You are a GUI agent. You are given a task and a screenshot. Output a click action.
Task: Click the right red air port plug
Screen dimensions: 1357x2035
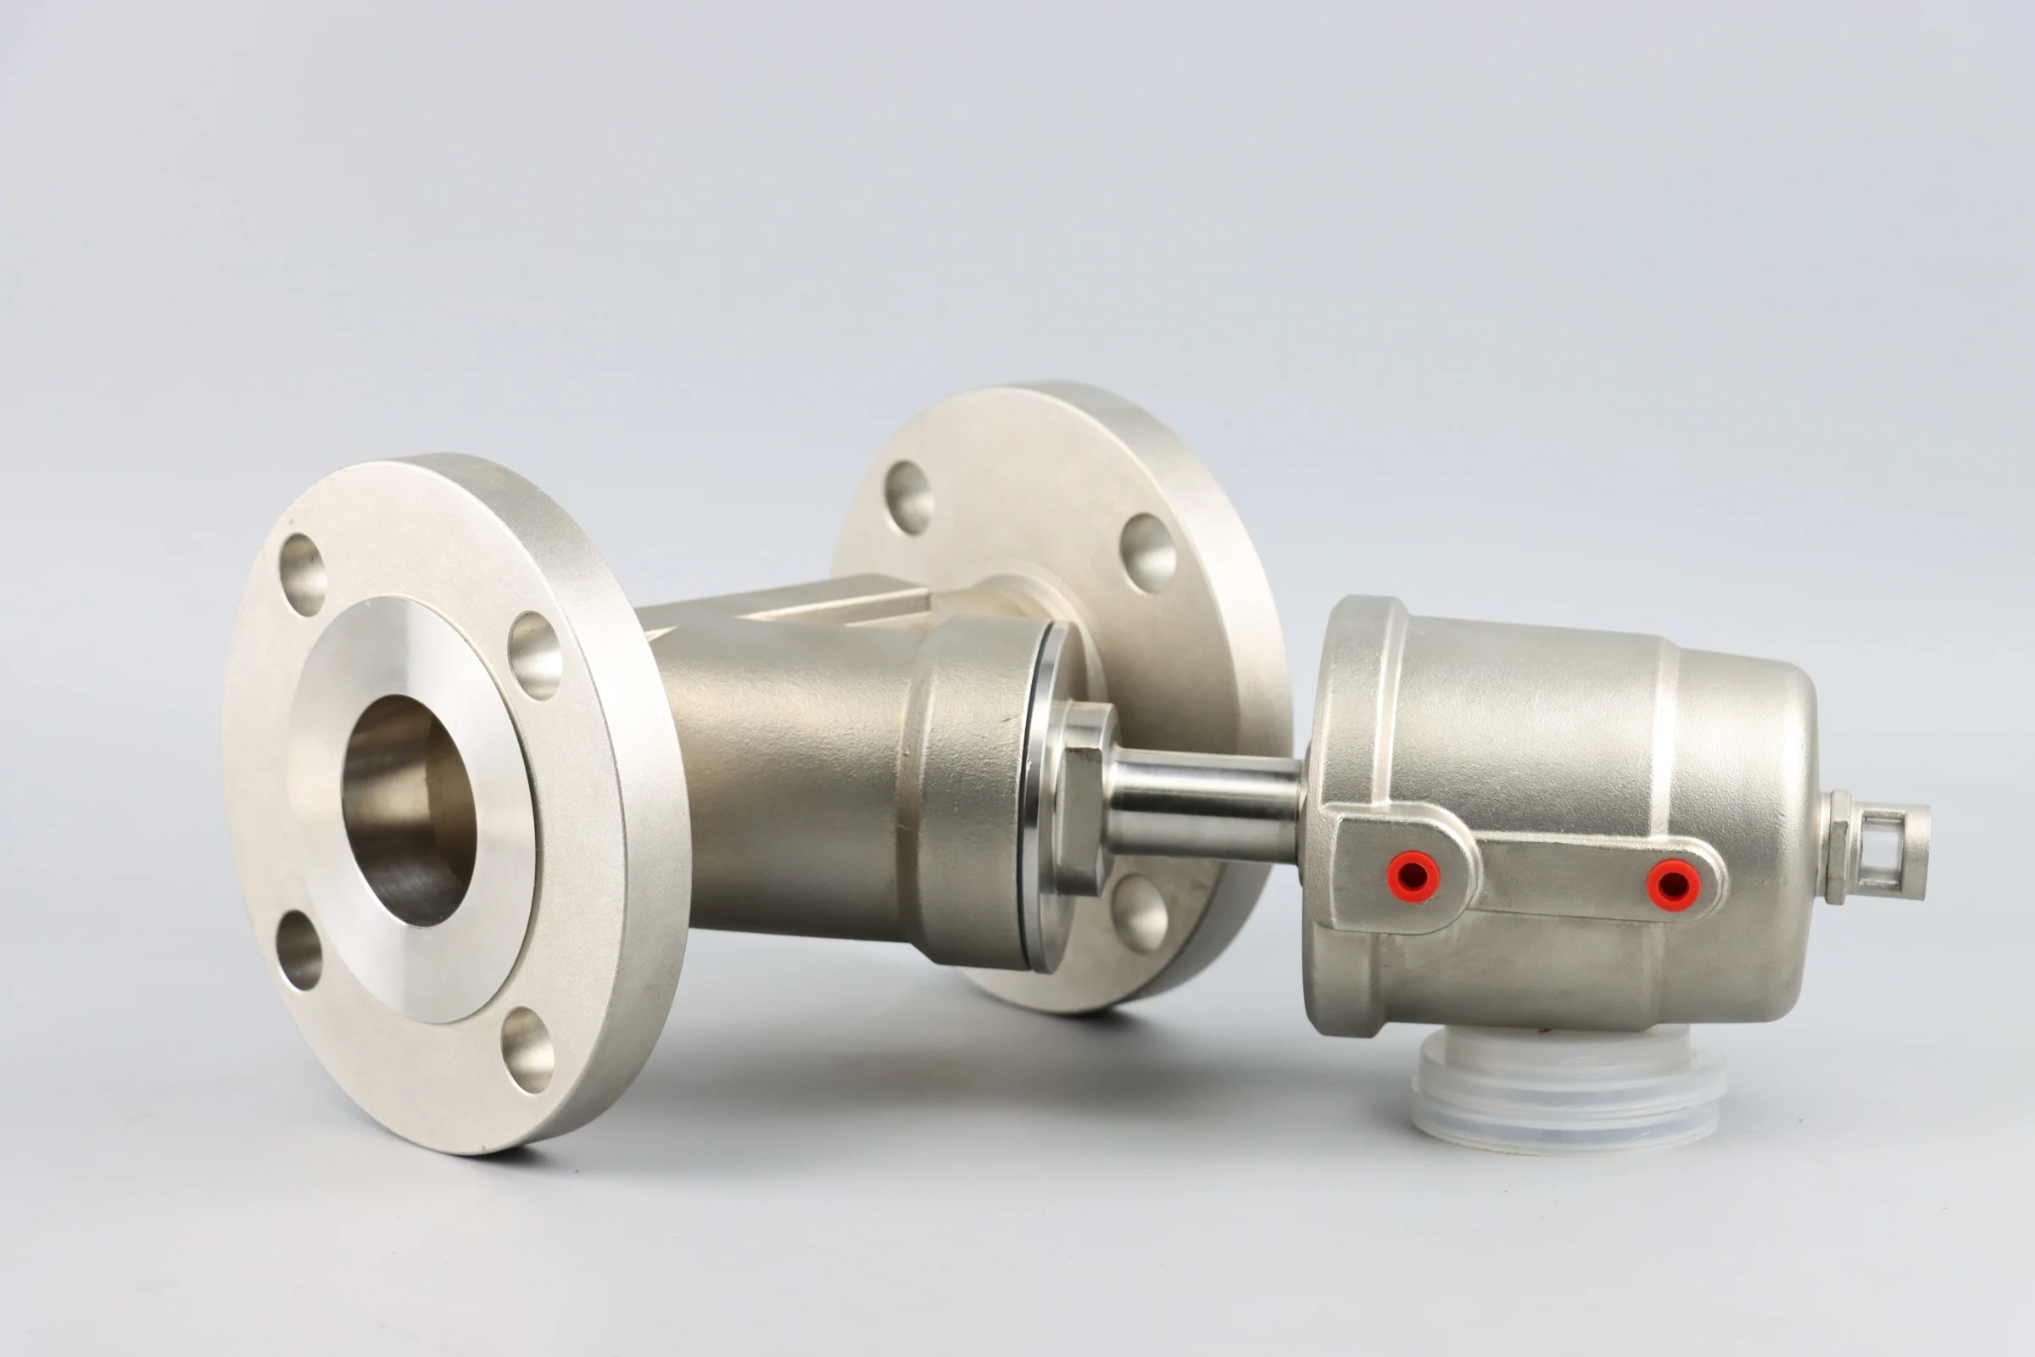click(1671, 885)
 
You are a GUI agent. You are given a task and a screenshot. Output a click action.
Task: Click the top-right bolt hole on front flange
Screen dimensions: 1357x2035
click(535, 655)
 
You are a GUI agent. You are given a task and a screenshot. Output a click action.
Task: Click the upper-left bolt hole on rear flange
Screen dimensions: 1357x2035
click(908, 498)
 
